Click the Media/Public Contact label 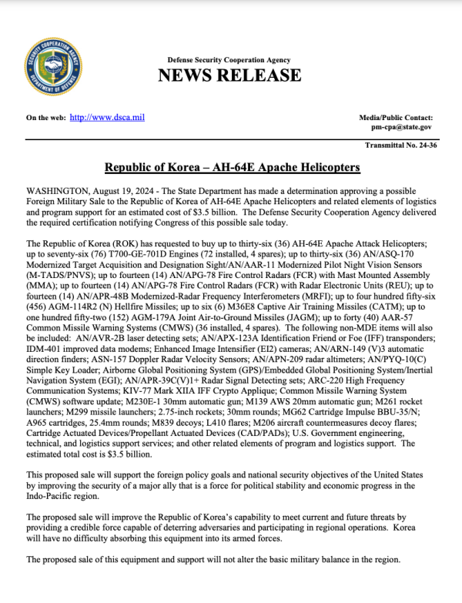point(395,117)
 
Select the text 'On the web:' point(45,117)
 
